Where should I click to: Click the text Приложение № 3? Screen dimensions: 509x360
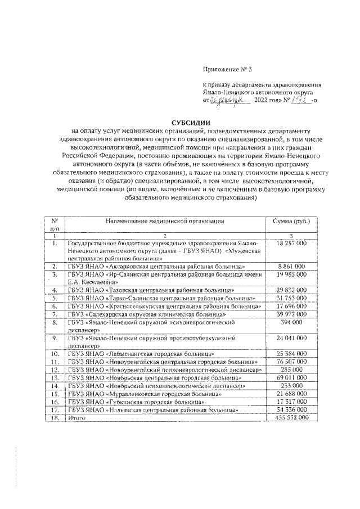pos(225,70)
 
